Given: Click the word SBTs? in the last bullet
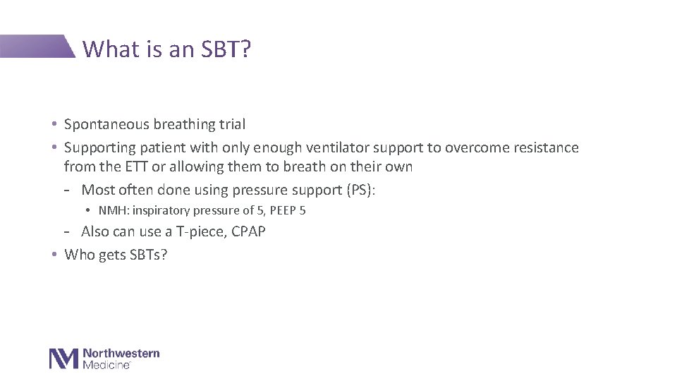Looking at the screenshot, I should tap(149, 255).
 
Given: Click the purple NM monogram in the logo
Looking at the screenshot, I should tap(63, 358).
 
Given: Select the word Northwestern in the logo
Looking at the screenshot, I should tap(121, 353).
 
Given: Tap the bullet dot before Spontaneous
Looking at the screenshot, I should tap(54, 125).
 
